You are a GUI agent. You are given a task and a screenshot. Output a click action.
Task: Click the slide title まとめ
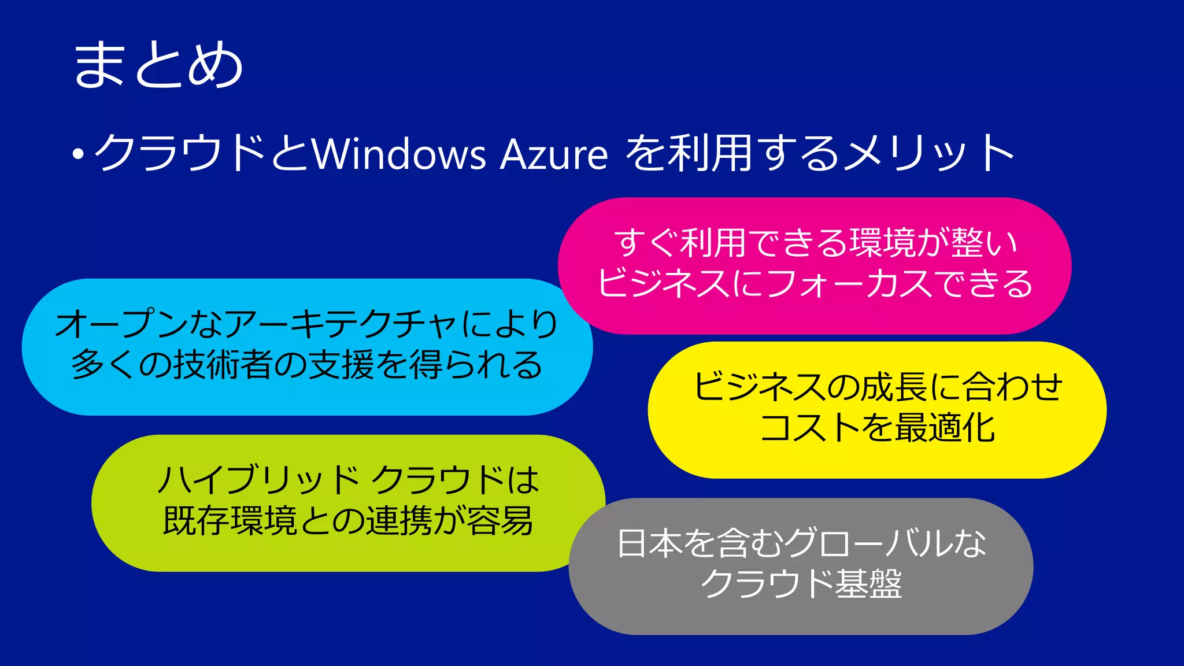click(x=158, y=65)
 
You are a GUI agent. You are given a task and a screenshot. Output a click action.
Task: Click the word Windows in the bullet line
click(x=399, y=154)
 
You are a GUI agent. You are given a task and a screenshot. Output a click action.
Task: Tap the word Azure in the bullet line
click(x=553, y=154)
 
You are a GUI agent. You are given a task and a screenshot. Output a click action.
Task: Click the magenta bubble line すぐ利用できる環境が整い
click(x=815, y=243)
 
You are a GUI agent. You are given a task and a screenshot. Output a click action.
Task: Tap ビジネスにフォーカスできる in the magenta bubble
click(x=815, y=283)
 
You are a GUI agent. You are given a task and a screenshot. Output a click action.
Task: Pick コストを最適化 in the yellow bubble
click(x=878, y=428)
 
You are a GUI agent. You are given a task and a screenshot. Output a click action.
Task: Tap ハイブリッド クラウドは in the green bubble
click(x=348, y=480)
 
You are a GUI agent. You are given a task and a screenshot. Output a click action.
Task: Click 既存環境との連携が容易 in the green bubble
click(x=348, y=520)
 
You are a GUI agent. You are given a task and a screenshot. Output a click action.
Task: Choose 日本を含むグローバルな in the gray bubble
click(x=802, y=543)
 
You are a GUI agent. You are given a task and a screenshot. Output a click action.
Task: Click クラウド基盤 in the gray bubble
click(x=802, y=584)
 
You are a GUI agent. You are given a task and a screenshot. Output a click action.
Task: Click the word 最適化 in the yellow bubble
click(x=945, y=428)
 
